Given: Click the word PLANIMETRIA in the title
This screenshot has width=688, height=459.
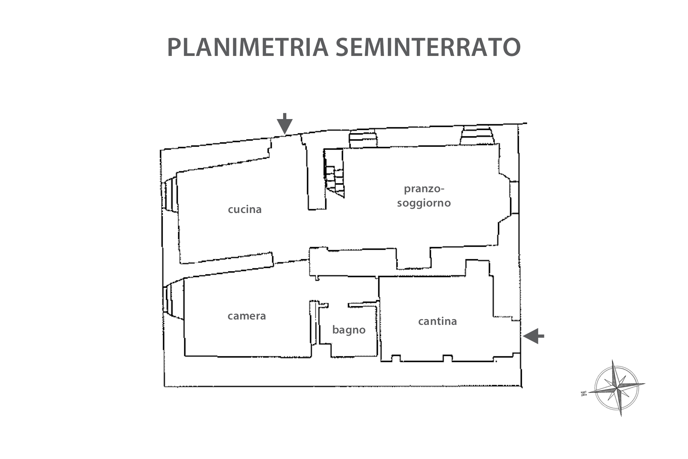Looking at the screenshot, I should pyautogui.click(x=248, y=47).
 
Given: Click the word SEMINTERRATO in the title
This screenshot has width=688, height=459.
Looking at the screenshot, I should pyautogui.click(x=428, y=47).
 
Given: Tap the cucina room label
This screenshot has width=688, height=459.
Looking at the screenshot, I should pyautogui.click(x=245, y=209).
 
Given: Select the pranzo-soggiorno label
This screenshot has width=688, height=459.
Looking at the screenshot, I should pyautogui.click(x=424, y=196).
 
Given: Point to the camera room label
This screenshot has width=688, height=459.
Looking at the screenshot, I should pyautogui.click(x=247, y=316).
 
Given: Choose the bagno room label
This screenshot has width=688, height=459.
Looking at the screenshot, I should pyautogui.click(x=349, y=330).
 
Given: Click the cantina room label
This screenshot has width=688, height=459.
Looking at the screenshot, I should pyautogui.click(x=437, y=321).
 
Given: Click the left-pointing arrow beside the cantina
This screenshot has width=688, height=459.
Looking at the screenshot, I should pyautogui.click(x=533, y=336).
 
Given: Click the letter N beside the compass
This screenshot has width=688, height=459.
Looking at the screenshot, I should pyautogui.click(x=584, y=393).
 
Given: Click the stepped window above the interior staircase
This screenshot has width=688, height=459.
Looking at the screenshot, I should pyautogui.click(x=363, y=139).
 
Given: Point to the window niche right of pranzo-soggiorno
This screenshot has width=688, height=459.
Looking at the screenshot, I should pyautogui.click(x=514, y=198).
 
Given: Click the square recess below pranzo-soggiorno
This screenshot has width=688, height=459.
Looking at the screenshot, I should pyautogui.click(x=414, y=258).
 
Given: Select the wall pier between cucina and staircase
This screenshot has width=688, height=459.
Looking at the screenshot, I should pyautogui.click(x=317, y=179).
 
